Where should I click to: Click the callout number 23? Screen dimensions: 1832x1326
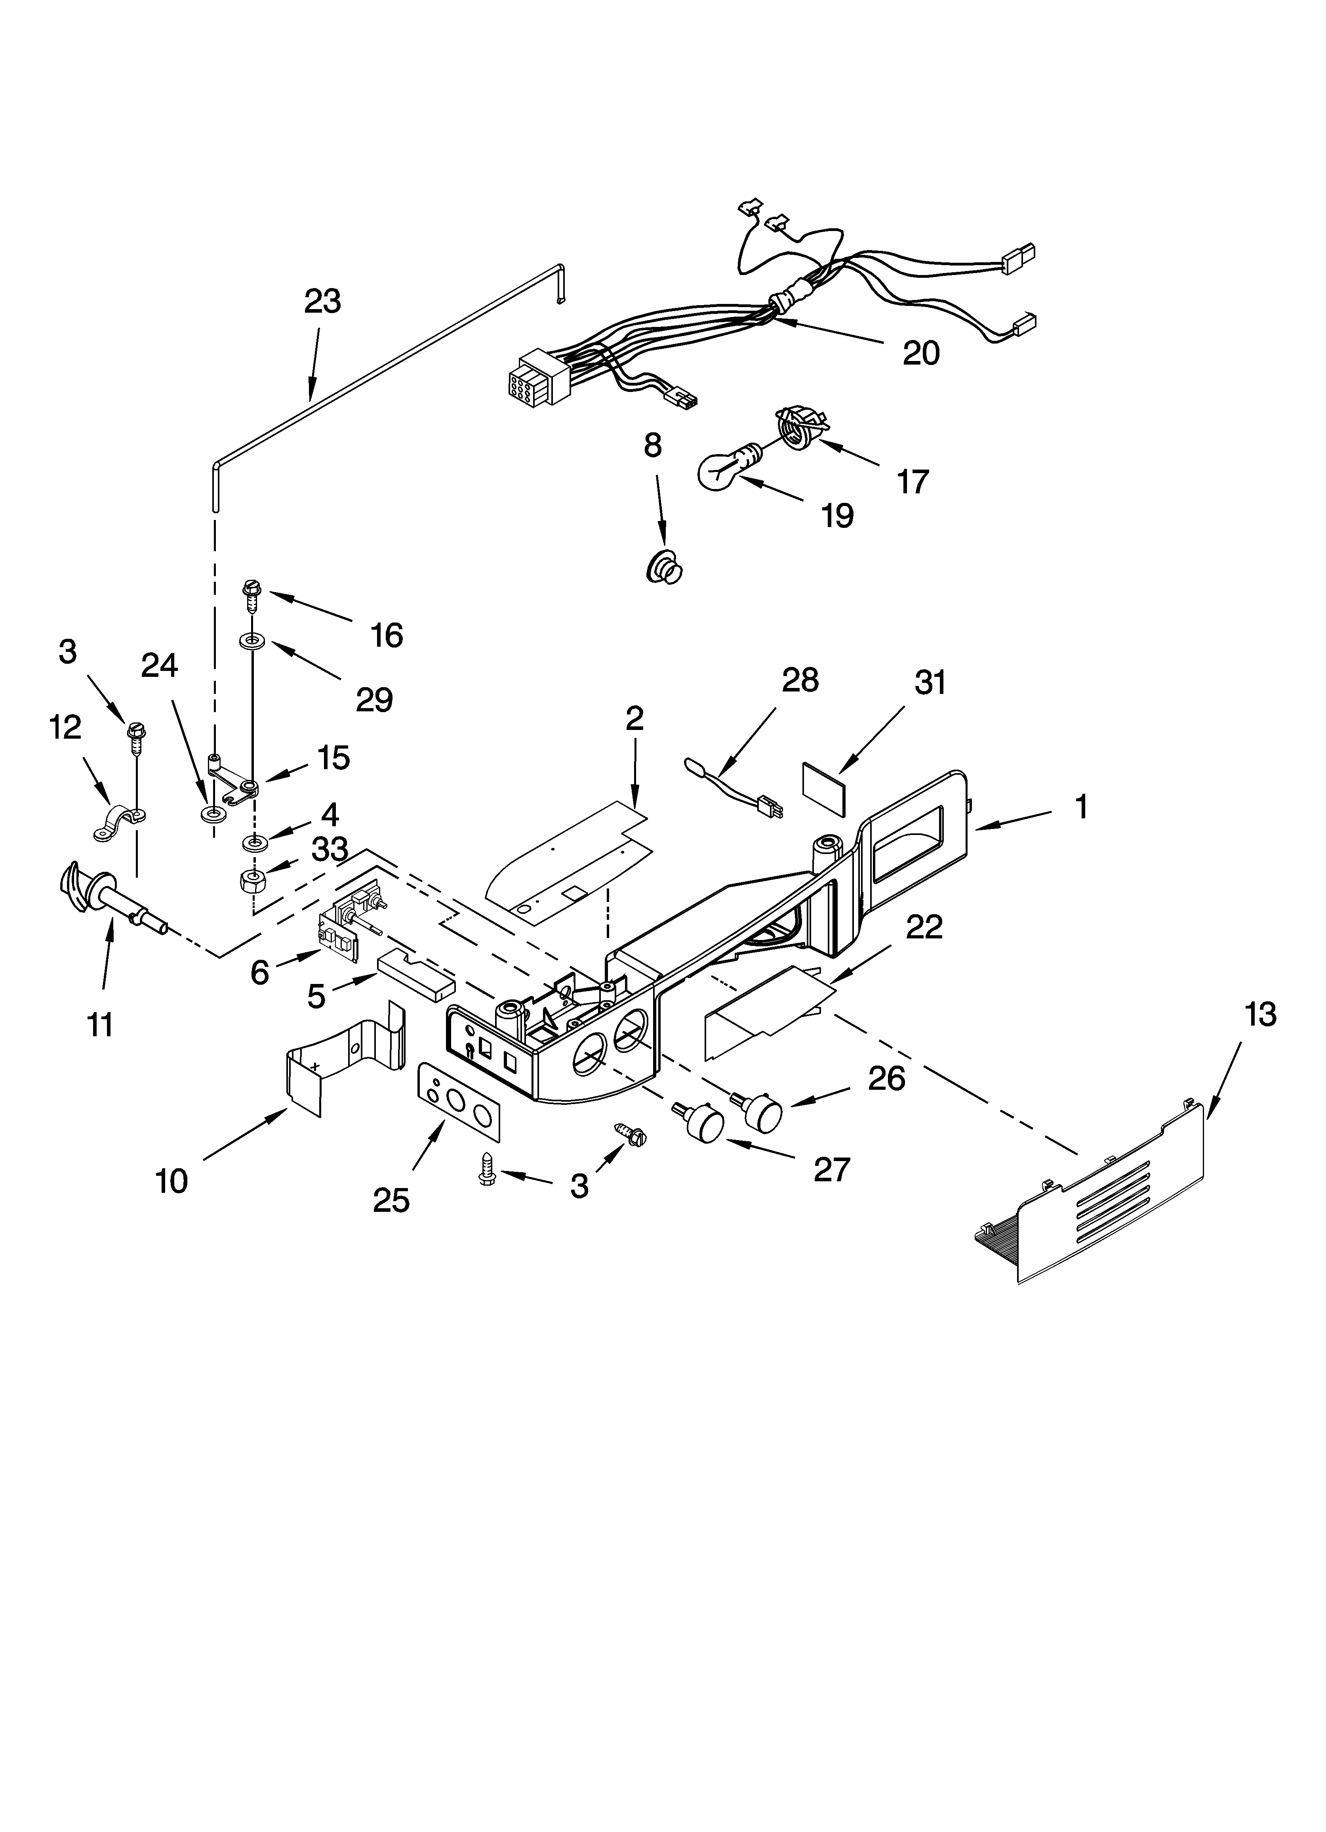coord(322,301)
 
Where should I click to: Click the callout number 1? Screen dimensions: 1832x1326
coord(1080,807)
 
